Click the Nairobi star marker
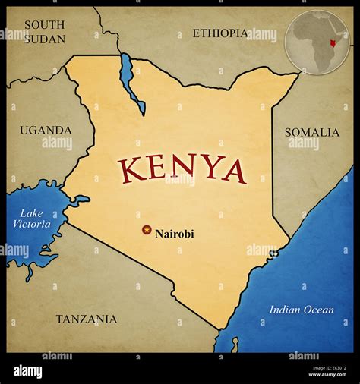[147, 230]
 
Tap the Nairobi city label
[174, 234]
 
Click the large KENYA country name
[182, 169]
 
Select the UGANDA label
[46, 131]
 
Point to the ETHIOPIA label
[219, 33]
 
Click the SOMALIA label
[311, 132]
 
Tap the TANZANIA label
[87, 319]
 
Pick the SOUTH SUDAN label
[44, 31]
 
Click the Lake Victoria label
[32, 219]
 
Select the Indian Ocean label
[302, 310]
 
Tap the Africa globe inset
[317, 41]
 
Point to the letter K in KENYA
[132, 168]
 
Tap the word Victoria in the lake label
[32, 225]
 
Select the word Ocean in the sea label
[317, 310]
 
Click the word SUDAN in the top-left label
[44, 38]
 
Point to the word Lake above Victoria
[32, 212]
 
